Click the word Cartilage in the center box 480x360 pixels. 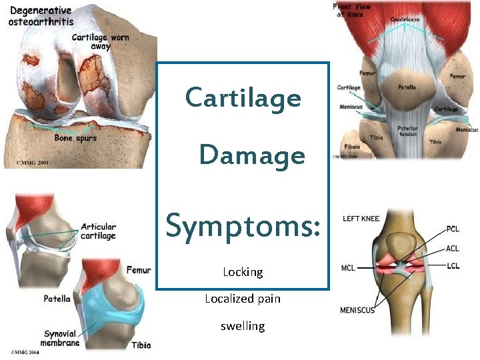pyautogui.click(x=243, y=99)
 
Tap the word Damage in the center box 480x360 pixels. pyautogui.click(x=252, y=156)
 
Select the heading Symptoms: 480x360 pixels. pyautogui.click(x=243, y=225)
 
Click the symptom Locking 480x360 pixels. pyautogui.click(x=243, y=272)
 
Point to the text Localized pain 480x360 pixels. pyautogui.click(x=243, y=299)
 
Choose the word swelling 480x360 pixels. pyautogui.click(x=243, y=326)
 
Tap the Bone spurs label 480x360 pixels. pyautogui.click(x=75, y=138)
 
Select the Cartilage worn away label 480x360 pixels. pyautogui.click(x=101, y=42)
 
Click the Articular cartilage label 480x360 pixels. pyautogui.click(x=98, y=231)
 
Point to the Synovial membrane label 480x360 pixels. pyautogui.click(x=62, y=338)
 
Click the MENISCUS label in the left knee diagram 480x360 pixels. pyautogui.click(x=357, y=310)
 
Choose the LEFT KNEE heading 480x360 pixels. pyautogui.click(x=361, y=219)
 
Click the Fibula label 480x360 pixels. pyautogui.click(x=353, y=147)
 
